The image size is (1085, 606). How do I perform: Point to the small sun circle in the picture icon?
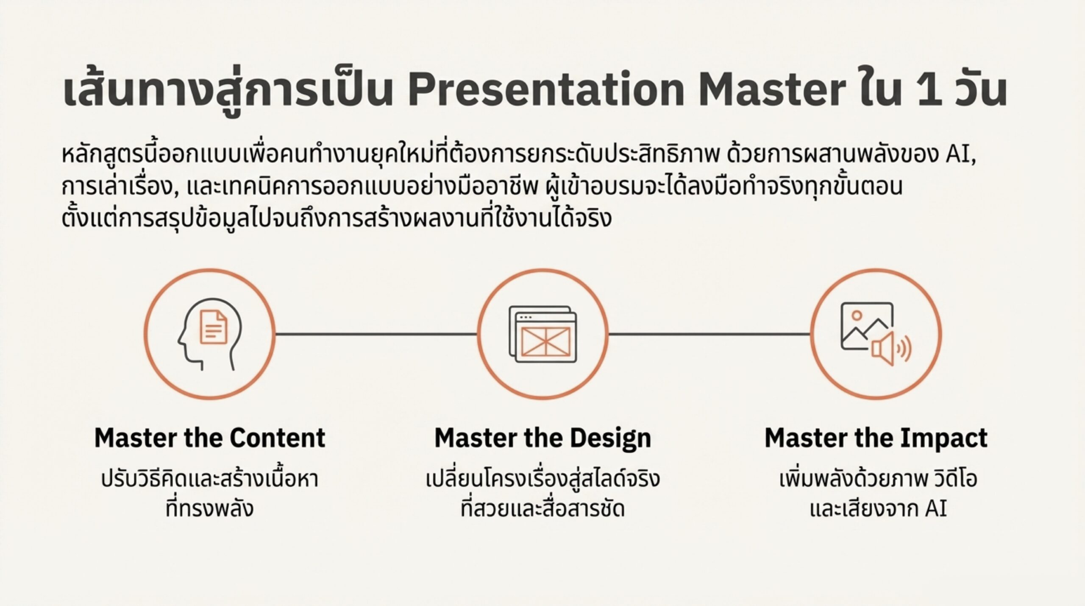(x=857, y=315)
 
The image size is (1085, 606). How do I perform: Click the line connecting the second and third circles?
(x=709, y=334)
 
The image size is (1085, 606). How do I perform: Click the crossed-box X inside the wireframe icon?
(x=545, y=341)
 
